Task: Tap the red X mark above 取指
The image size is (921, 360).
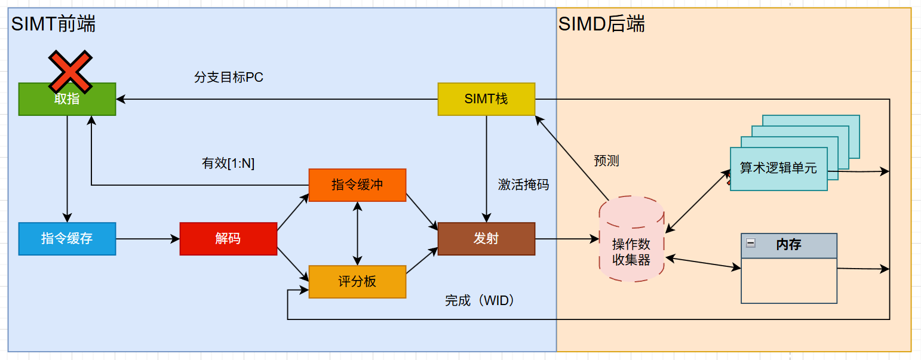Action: (x=70, y=72)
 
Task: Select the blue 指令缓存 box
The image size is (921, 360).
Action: (x=67, y=239)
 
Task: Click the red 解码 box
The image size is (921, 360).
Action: (x=228, y=239)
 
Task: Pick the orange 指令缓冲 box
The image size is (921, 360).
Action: (x=357, y=185)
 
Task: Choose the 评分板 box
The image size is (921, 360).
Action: (x=357, y=281)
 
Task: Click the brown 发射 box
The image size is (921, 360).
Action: (x=486, y=239)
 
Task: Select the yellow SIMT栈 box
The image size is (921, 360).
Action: (x=486, y=99)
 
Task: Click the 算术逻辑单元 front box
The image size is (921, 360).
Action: (x=778, y=168)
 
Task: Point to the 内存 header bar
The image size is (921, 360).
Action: (x=794, y=245)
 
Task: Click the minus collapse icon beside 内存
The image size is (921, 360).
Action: (x=751, y=242)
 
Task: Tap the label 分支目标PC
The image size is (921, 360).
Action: (x=228, y=78)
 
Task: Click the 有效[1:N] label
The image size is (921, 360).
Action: (x=228, y=164)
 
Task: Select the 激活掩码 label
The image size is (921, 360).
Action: (x=523, y=185)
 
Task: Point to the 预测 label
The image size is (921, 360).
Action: (x=606, y=161)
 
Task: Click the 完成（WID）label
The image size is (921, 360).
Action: (x=480, y=301)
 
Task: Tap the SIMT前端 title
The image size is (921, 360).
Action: (x=53, y=24)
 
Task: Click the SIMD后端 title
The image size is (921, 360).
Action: (x=601, y=24)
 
